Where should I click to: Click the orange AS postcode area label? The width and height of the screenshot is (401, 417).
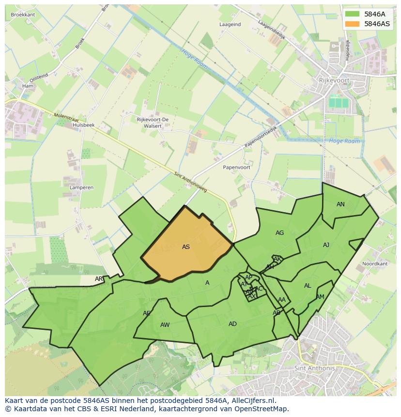point(186,247)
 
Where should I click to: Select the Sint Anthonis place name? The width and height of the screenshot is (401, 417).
point(314,368)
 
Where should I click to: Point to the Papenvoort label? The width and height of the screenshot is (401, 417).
point(236,167)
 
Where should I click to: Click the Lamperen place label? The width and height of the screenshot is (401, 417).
point(81,187)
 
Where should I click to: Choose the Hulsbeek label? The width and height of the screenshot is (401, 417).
point(83,125)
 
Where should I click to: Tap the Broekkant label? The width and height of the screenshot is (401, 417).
point(23,15)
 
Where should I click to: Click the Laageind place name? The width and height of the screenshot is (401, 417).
point(230,24)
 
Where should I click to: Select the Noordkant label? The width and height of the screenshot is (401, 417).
point(375,264)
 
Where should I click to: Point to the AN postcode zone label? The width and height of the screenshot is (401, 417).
point(340,204)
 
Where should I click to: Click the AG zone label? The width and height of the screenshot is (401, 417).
point(279,233)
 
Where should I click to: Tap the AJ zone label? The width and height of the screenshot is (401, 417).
point(326,245)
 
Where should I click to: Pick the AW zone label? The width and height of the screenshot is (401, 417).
point(165,325)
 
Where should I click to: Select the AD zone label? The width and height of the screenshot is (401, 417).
point(232,324)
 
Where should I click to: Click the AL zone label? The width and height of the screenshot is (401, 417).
point(308,286)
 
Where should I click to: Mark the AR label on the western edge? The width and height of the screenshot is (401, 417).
point(99,279)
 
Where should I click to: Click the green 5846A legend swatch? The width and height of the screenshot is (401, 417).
point(353,15)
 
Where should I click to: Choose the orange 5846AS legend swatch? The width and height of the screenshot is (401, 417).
point(353,24)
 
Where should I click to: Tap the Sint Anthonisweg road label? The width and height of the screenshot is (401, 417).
point(190,182)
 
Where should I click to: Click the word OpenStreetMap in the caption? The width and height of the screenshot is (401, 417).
point(262,409)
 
